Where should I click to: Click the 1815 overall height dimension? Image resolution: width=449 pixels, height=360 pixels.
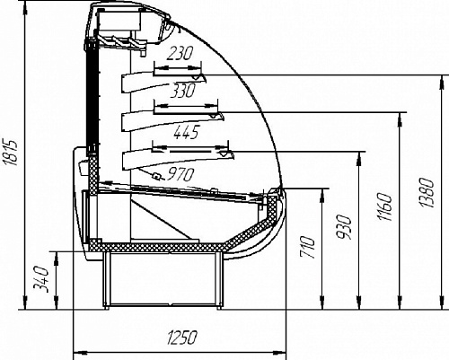pos(11,152)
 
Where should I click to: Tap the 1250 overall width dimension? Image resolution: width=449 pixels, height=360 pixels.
pos(181,338)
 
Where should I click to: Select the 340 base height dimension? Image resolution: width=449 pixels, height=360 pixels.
pos(40,279)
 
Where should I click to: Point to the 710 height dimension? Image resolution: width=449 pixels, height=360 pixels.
pos(308,247)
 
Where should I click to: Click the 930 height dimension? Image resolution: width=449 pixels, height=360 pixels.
pos(344,227)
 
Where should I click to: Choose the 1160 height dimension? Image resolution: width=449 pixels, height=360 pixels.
pos(384,207)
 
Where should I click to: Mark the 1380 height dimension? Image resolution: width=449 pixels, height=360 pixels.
pos(427,193)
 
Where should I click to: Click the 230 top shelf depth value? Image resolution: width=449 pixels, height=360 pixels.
pos(180,54)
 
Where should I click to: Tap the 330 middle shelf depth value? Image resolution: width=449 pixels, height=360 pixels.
pos(182,91)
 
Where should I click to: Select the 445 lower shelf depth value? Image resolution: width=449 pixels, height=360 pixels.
pos(186,132)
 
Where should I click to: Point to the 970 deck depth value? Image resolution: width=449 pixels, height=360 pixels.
pos(180,174)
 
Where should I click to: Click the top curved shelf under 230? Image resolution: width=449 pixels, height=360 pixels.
pos(163,82)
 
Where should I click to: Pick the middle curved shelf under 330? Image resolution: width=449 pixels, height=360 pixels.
pos(172,121)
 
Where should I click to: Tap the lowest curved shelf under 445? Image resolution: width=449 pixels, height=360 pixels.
pos(178,160)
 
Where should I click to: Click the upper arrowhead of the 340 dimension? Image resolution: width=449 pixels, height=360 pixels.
pos(56,258)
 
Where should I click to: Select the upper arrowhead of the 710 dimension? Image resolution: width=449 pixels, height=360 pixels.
pos(322,195)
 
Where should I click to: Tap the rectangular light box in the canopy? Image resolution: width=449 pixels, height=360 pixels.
pos(119,20)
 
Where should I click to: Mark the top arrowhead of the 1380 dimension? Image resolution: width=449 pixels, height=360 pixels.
pos(442,82)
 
